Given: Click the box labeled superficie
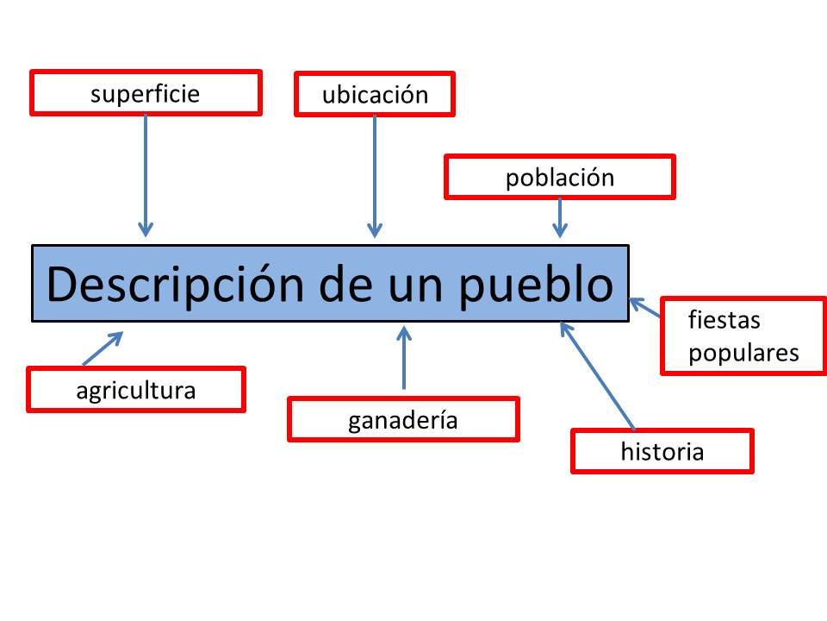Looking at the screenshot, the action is tap(146, 92).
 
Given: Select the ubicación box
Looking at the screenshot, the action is tap(375, 94).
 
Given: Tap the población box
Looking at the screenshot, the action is tap(560, 177).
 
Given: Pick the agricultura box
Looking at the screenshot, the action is tap(136, 389).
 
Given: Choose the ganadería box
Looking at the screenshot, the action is tap(403, 419).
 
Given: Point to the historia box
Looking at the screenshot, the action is tap(662, 451).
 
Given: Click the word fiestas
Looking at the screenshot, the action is tap(724, 320).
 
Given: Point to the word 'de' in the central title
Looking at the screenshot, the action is tap(346, 285).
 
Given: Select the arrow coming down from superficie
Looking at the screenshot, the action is tap(146, 176).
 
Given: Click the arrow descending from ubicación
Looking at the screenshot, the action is tap(375, 176).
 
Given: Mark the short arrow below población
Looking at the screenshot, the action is tap(560, 217).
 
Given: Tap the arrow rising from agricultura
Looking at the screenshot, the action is tap(103, 348).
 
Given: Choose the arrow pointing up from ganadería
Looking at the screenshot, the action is tap(404, 357).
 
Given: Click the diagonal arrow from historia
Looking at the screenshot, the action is tap(597, 375).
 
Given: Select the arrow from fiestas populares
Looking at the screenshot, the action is tap(645, 307).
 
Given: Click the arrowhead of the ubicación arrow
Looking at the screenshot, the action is tap(375, 231).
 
